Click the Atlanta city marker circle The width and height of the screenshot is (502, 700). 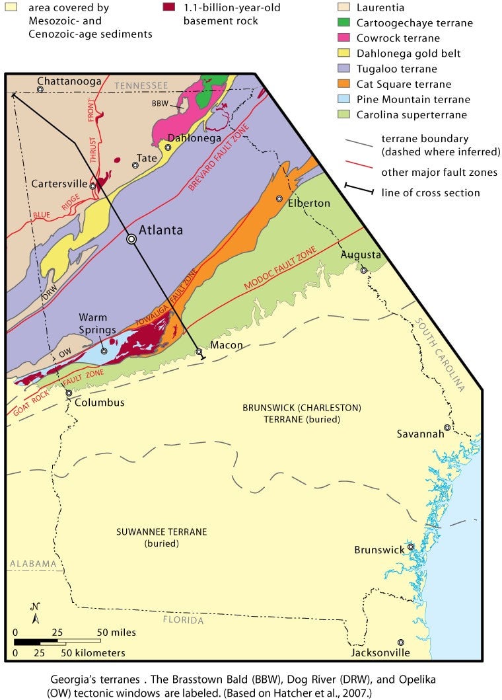click(131, 240)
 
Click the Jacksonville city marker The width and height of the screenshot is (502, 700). click(400, 642)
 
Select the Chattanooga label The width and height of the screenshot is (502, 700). click(69, 81)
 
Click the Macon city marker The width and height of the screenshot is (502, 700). click(199, 352)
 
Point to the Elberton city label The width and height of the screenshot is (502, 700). click(308, 204)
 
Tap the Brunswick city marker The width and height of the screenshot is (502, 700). click(410, 547)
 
